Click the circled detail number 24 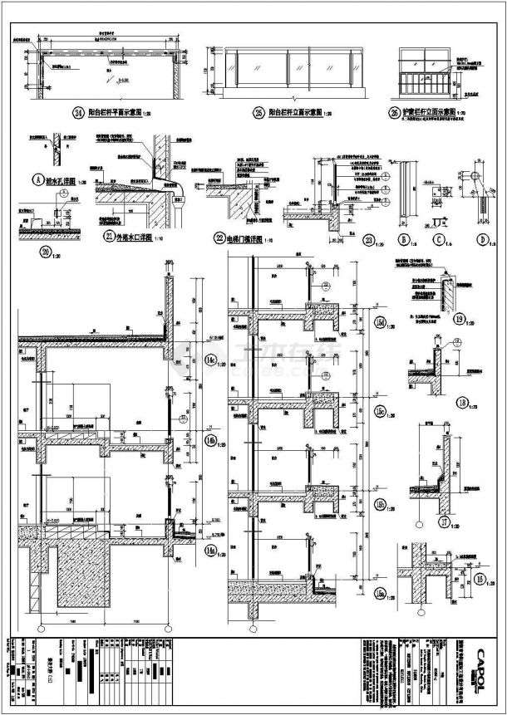tap(79, 110)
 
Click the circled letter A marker tap(37, 177)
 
